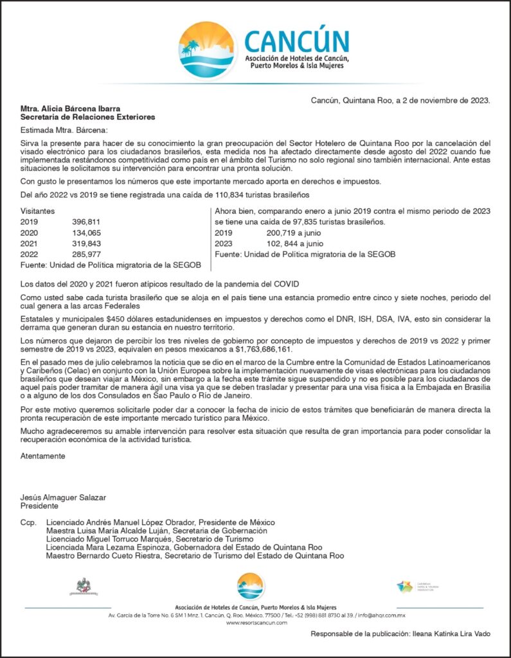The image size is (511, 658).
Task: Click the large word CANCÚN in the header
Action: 296,42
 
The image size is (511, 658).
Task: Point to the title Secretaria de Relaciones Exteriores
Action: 87,117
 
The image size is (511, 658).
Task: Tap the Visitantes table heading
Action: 37,210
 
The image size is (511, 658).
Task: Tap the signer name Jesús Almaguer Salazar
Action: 64,497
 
